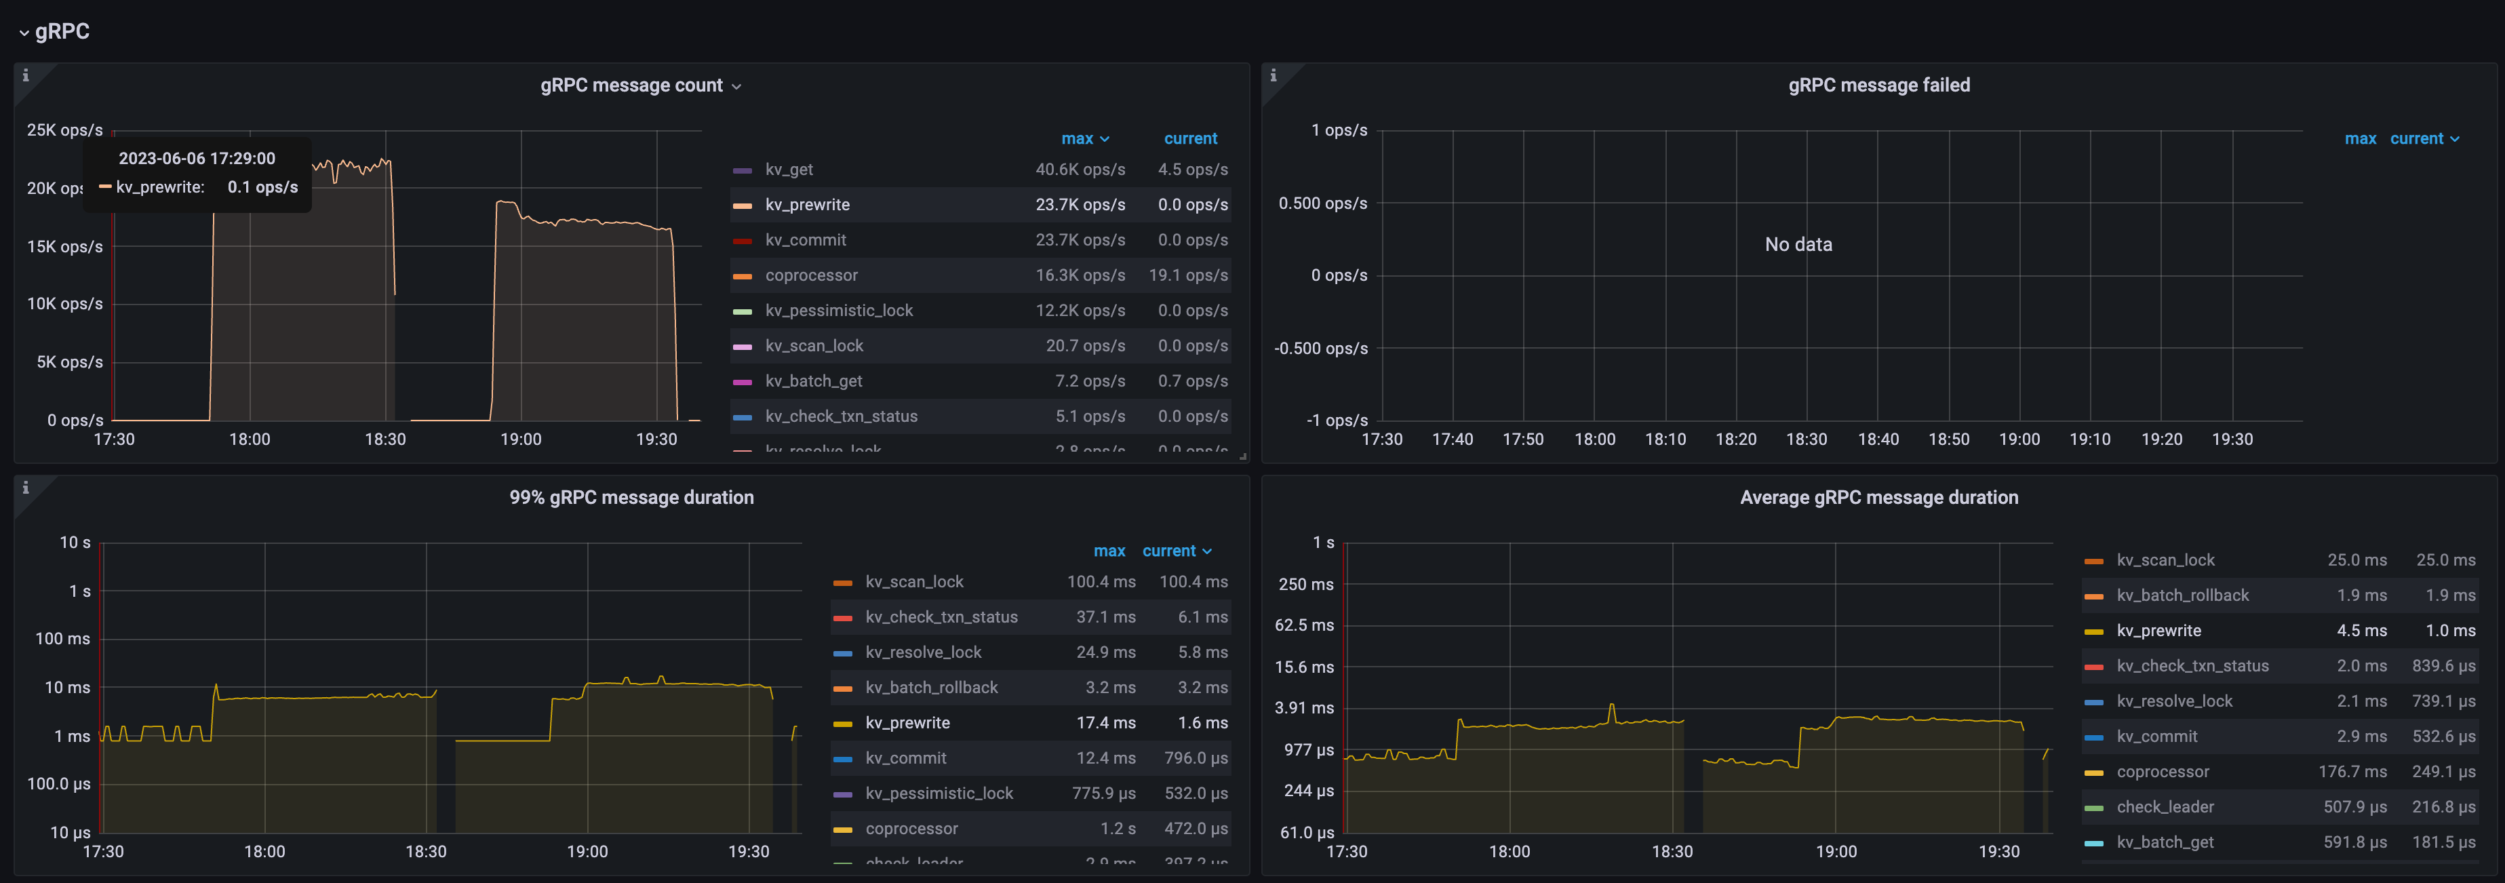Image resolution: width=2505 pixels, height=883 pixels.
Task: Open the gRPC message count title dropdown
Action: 736,87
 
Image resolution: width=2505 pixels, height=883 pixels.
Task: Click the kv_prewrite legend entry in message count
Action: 806,204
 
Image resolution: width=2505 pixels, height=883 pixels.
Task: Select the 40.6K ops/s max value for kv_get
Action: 1080,170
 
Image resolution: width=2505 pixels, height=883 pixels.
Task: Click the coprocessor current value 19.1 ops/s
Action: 1187,275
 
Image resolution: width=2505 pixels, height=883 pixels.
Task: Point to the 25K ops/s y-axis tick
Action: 64,130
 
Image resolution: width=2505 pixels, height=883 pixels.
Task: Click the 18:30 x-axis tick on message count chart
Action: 385,439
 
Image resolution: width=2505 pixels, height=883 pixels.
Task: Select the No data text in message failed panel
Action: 1798,244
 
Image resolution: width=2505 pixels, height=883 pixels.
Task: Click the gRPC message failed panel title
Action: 1878,85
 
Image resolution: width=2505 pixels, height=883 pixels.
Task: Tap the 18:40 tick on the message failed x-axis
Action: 1878,439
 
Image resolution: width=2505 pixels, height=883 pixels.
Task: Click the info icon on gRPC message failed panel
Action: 1273,75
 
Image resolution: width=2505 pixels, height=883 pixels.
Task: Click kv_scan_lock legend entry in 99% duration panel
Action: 913,581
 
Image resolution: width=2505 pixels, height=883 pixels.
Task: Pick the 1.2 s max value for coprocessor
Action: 1118,829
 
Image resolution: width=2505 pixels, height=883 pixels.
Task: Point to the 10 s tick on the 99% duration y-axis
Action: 75,543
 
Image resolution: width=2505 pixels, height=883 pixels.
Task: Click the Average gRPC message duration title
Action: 1878,498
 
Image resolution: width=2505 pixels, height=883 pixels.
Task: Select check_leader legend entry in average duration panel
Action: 2165,807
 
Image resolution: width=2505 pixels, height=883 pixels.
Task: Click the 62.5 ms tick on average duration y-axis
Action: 1303,625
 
